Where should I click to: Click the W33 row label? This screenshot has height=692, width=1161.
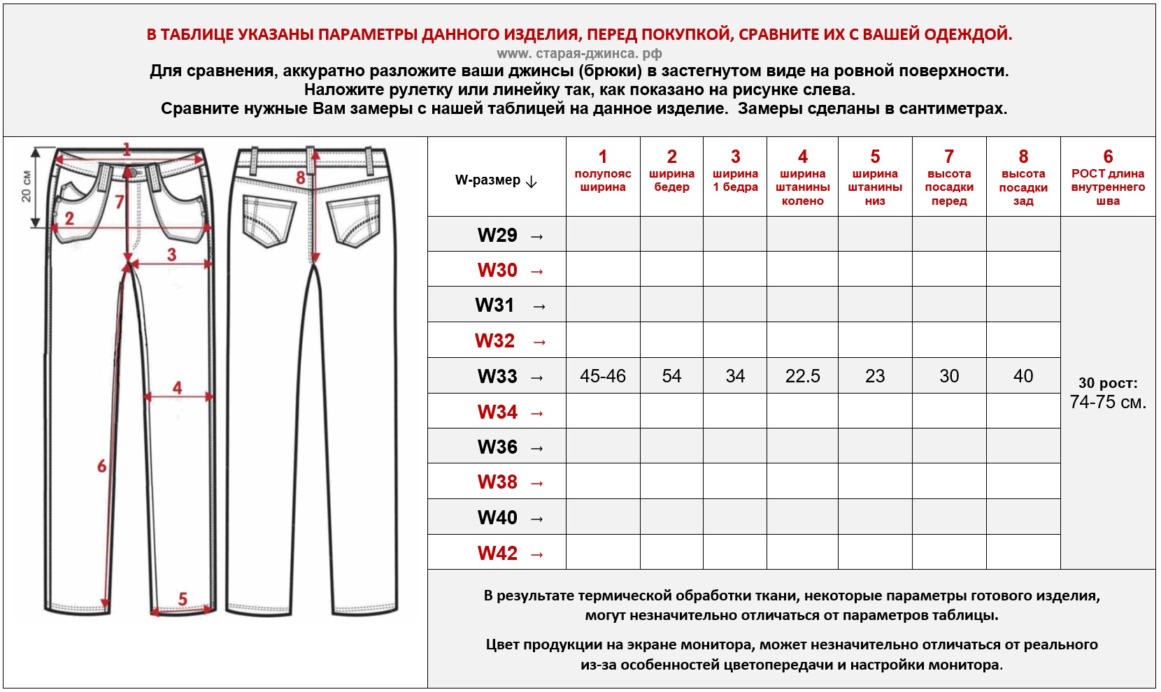(497, 376)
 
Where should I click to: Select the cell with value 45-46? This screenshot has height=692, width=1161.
(602, 376)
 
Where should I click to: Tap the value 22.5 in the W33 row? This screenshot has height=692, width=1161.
(802, 376)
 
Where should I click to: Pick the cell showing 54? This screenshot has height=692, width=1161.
(671, 376)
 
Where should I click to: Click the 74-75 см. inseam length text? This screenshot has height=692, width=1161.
(1108, 402)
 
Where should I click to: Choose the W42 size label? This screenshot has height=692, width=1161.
(497, 553)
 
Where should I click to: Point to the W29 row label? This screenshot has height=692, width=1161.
(497, 235)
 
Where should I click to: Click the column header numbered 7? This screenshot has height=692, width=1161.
(949, 178)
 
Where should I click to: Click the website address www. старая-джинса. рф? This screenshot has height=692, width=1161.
(579, 53)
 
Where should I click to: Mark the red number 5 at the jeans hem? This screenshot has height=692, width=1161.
(183, 599)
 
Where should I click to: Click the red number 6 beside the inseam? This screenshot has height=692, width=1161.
(102, 466)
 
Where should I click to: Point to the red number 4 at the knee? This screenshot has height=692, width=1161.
(178, 387)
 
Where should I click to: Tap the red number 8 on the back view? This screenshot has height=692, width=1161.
(301, 178)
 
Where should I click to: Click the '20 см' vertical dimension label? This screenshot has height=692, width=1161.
(26, 187)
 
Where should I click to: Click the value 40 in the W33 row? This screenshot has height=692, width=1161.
(1023, 376)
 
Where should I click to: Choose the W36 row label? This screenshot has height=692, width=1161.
(497, 447)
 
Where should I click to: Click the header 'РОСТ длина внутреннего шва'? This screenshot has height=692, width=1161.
(1108, 178)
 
